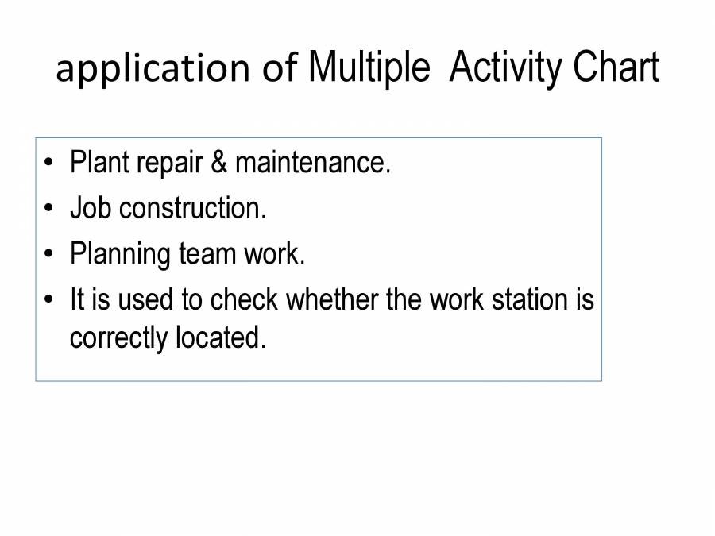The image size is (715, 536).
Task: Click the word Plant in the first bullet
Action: pyautogui.click(x=100, y=163)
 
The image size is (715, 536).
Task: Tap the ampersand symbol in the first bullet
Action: pyautogui.click(x=218, y=163)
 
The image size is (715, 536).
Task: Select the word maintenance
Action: pyautogui.click(x=313, y=163)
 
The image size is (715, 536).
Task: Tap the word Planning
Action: pyautogui.click(x=120, y=255)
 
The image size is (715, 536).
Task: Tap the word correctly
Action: pyautogui.click(x=119, y=338)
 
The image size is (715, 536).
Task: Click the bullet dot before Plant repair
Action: pyautogui.click(x=50, y=164)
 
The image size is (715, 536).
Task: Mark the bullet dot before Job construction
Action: pyautogui.click(x=50, y=210)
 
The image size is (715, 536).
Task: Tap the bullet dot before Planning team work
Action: pyautogui.click(x=50, y=255)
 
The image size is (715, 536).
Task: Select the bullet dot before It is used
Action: pyautogui.click(x=50, y=301)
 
